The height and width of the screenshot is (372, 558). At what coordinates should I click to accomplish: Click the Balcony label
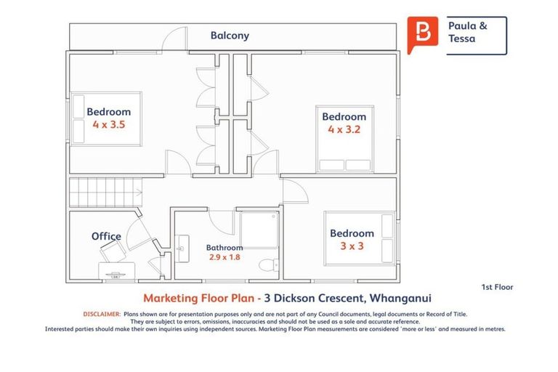[230, 35]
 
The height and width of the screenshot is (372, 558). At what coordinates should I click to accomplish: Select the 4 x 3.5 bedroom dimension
[109, 124]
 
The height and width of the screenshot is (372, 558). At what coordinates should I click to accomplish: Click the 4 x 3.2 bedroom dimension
[344, 130]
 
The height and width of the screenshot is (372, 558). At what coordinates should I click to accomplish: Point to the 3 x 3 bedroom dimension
[352, 246]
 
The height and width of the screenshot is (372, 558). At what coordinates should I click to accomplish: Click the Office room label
[106, 236]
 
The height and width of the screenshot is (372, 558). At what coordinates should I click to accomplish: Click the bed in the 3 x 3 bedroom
[360, 236]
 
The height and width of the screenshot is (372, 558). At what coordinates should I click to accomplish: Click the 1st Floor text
[497, 287]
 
